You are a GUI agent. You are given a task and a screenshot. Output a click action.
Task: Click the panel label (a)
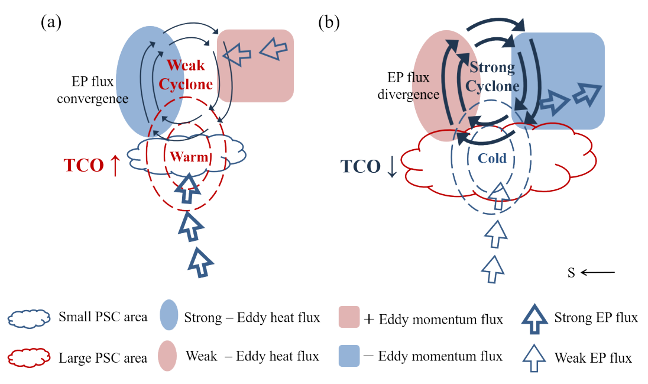tap(51, 22)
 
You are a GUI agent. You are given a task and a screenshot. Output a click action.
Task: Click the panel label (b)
tap(329, 22)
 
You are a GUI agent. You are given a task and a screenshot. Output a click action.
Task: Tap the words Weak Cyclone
tap(186, 75)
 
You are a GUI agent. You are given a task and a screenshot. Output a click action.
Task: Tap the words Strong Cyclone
tap(492, 76)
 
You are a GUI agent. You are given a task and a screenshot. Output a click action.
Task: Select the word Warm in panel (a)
tap(189, 157)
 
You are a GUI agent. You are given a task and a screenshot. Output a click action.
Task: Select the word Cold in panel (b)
tap(492, 158)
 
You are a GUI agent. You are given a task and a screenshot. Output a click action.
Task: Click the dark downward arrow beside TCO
tap(391, 167)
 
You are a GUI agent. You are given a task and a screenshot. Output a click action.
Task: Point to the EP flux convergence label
tap(93, 90)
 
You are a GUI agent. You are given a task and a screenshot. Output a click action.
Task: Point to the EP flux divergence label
tap(409, 86)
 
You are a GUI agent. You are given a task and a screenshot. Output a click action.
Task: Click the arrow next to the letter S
tap(598, 272)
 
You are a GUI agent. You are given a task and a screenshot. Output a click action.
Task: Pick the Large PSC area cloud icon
tap(29, 357)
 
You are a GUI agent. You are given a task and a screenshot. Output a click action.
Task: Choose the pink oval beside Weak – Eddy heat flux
tap(167, 356)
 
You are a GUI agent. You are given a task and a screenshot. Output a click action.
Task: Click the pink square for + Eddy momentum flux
tap(349, 317)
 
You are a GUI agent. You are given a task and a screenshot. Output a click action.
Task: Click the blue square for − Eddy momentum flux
tap(349, 356)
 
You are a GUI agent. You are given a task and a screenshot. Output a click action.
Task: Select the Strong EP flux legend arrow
tap(534, 319)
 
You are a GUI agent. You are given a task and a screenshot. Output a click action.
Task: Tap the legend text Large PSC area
tap(103, 358)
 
